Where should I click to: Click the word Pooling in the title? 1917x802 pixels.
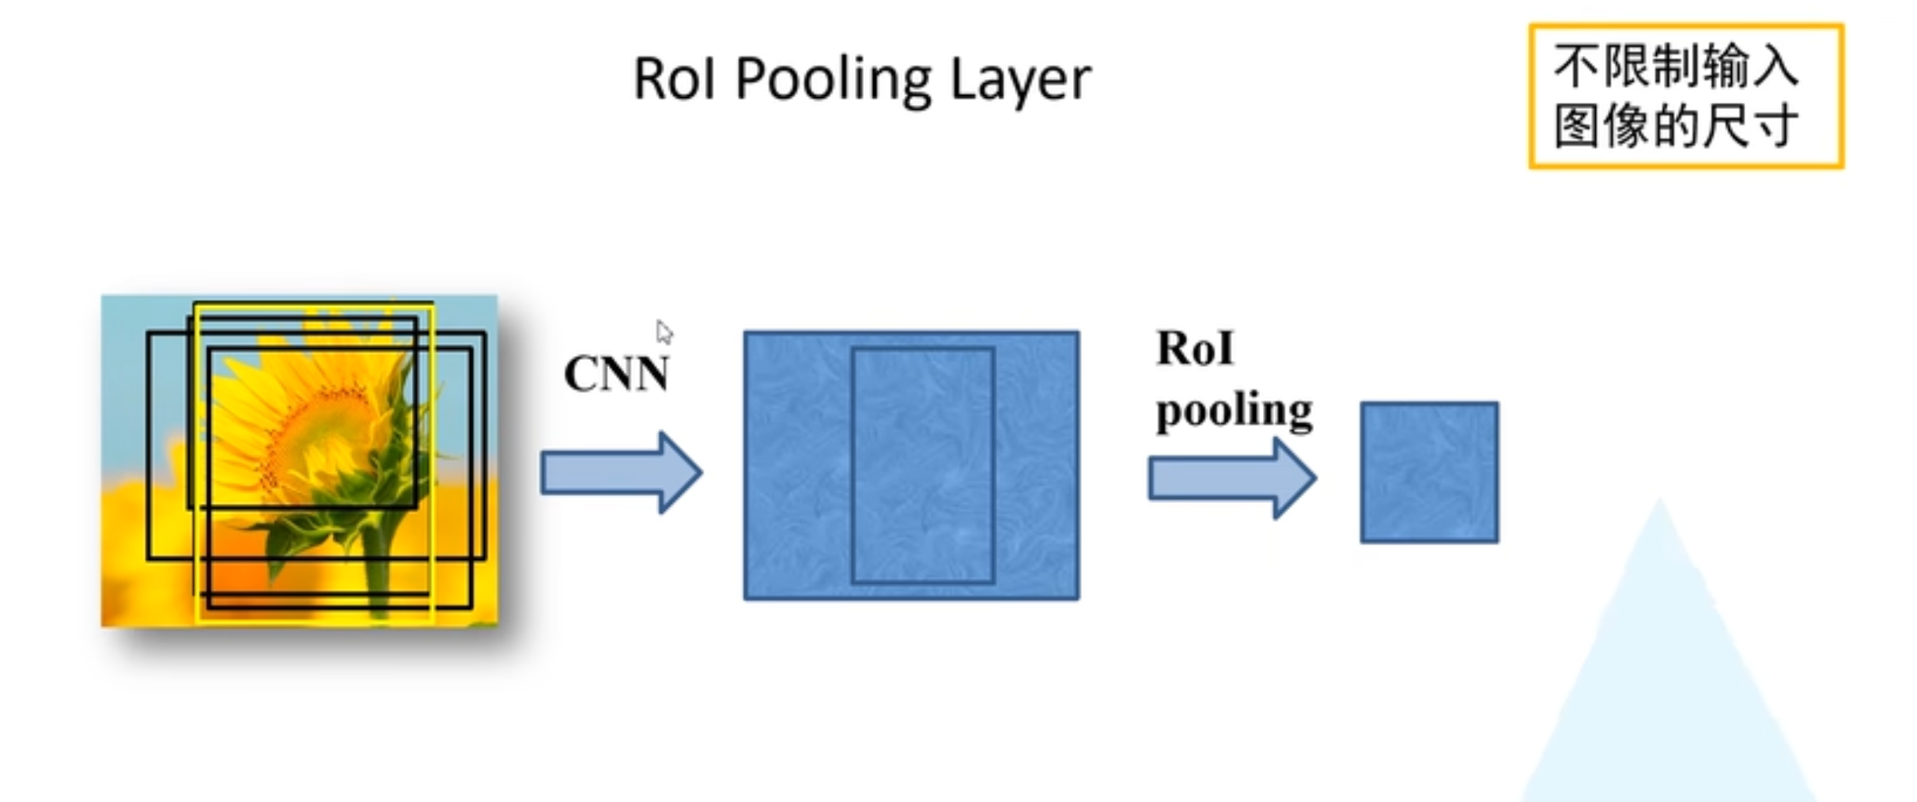pyautogui.click(x=835, y=80)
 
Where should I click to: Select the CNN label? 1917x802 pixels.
pyautogui.click(x=616, y=374)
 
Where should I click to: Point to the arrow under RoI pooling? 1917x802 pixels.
pyautogui.click(x=1231, y=478)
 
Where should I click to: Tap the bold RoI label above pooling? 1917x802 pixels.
pyautogui.click(x=1194, y=349)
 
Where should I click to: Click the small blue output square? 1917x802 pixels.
pyautogui.click(x=1429, y=472)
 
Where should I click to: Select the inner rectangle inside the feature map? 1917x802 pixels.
pyautogui.click(x=922, y=465)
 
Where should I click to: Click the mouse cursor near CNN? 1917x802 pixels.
pyautogui.click(x=664, y=332)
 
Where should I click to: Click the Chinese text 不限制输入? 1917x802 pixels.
pyautogui.click(x=1676, y=66)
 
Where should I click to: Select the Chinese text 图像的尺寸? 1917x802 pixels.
pyautogui.click(x=1676, y=127)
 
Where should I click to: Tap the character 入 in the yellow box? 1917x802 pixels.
pyautogui.click(x=1775, y=66)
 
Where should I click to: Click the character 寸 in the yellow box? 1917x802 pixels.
pyautogui.click(x=1775, y=127)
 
